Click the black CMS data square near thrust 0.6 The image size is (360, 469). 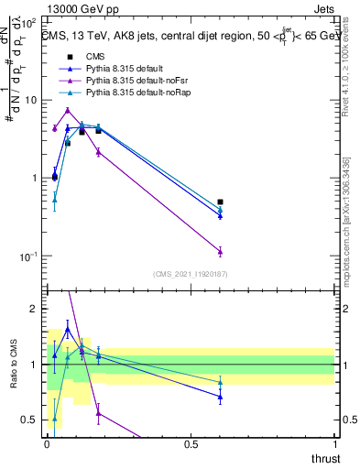click(220, 202)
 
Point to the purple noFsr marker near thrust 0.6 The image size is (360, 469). click(220, 251)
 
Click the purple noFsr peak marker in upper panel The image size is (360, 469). click(68, 111)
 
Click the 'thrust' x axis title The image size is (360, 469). click(325, 457)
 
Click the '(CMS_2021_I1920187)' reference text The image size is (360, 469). click(191, 273)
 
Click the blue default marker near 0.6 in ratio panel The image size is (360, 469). click(220, 397)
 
